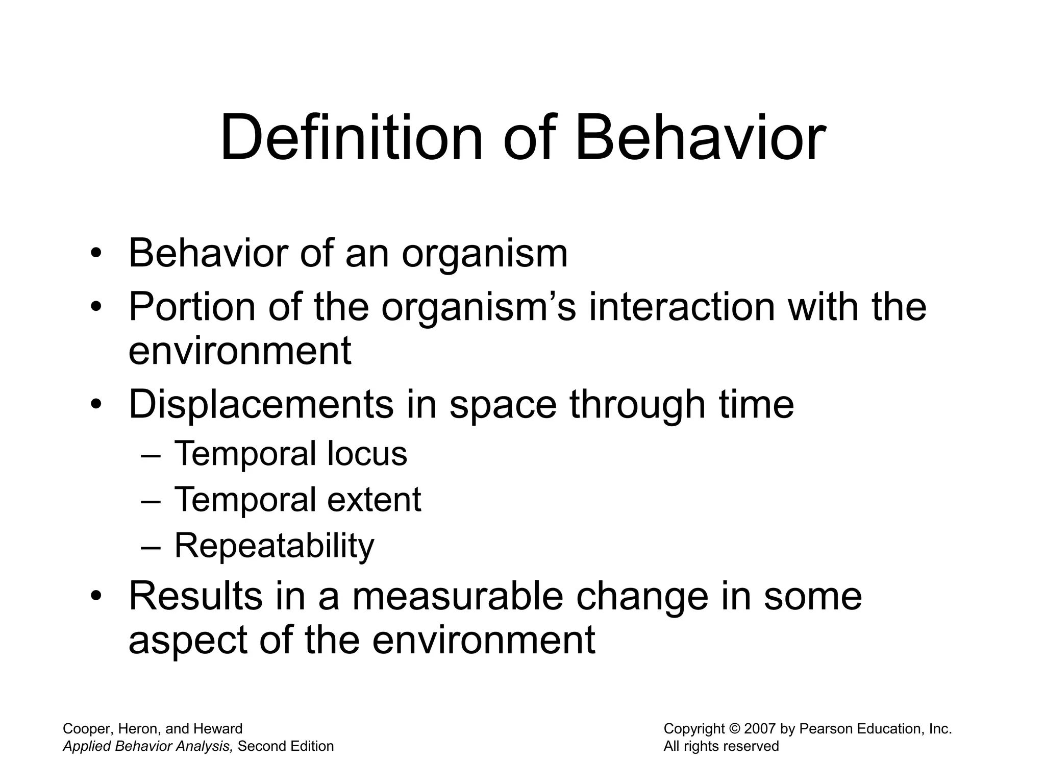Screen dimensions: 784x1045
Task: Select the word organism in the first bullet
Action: coord(484,254)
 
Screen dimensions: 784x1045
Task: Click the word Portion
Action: coord(192,307)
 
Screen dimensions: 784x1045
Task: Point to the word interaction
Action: coord(682,307)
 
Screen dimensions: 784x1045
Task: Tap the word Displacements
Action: coord(261,404)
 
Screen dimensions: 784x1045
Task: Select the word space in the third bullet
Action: coord(503,404)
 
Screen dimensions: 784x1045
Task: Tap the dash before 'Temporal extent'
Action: coord(150,500)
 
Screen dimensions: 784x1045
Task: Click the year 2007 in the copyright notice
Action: coord(760,729)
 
